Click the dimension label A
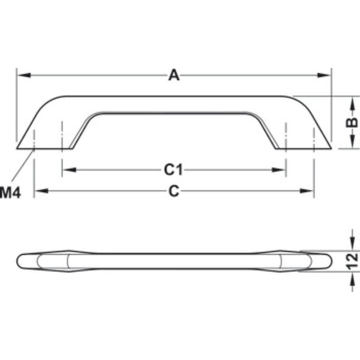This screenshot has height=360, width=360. click(174, 75)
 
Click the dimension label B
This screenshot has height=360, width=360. click(353, 122)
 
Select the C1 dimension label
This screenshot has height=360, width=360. click(173, 170)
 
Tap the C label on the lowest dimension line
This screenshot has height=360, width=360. click(174, 191)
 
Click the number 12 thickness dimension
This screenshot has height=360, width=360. click(353, 261)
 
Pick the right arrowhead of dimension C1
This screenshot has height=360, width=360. click(280, 170)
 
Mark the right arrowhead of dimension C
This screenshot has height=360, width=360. click(308, 191)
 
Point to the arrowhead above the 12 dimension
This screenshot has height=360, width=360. click(351, 246)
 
